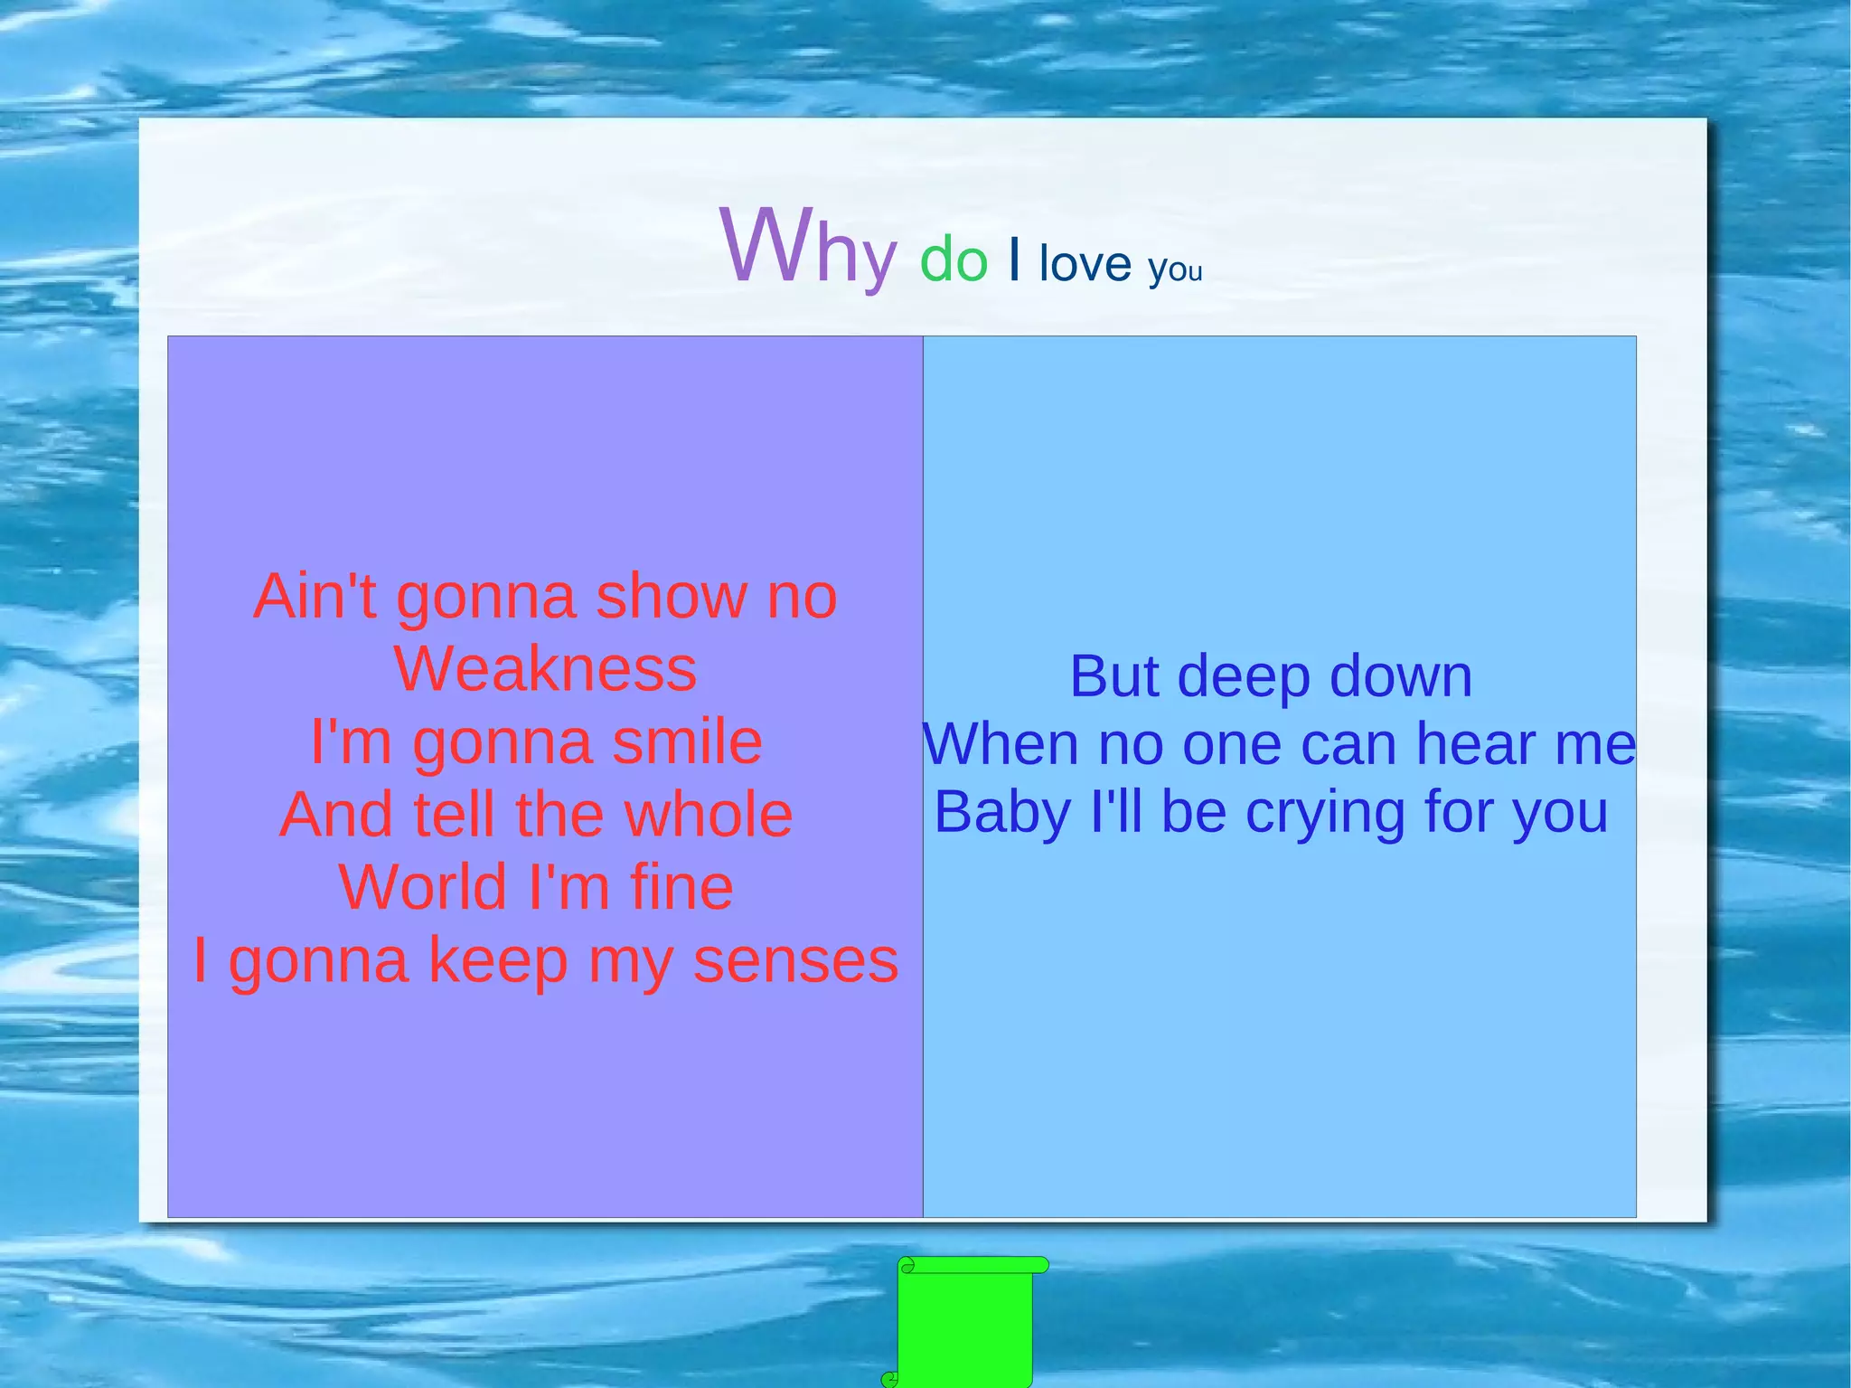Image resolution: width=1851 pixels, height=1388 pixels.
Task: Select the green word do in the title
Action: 954,260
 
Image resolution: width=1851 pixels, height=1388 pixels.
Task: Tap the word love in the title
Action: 1085,263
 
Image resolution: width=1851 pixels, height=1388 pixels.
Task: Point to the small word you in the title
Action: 1175,269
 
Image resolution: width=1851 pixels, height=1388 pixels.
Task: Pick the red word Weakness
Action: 545,669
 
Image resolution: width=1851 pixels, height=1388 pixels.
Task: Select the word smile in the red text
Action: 687,742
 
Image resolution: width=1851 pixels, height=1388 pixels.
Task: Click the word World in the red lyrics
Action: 422,887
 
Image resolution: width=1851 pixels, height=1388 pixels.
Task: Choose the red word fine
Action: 681,887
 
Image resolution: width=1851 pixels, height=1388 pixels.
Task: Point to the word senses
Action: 795,960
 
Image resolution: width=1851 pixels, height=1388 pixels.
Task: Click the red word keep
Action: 498,960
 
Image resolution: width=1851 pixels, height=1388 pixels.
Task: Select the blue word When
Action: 1001,744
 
